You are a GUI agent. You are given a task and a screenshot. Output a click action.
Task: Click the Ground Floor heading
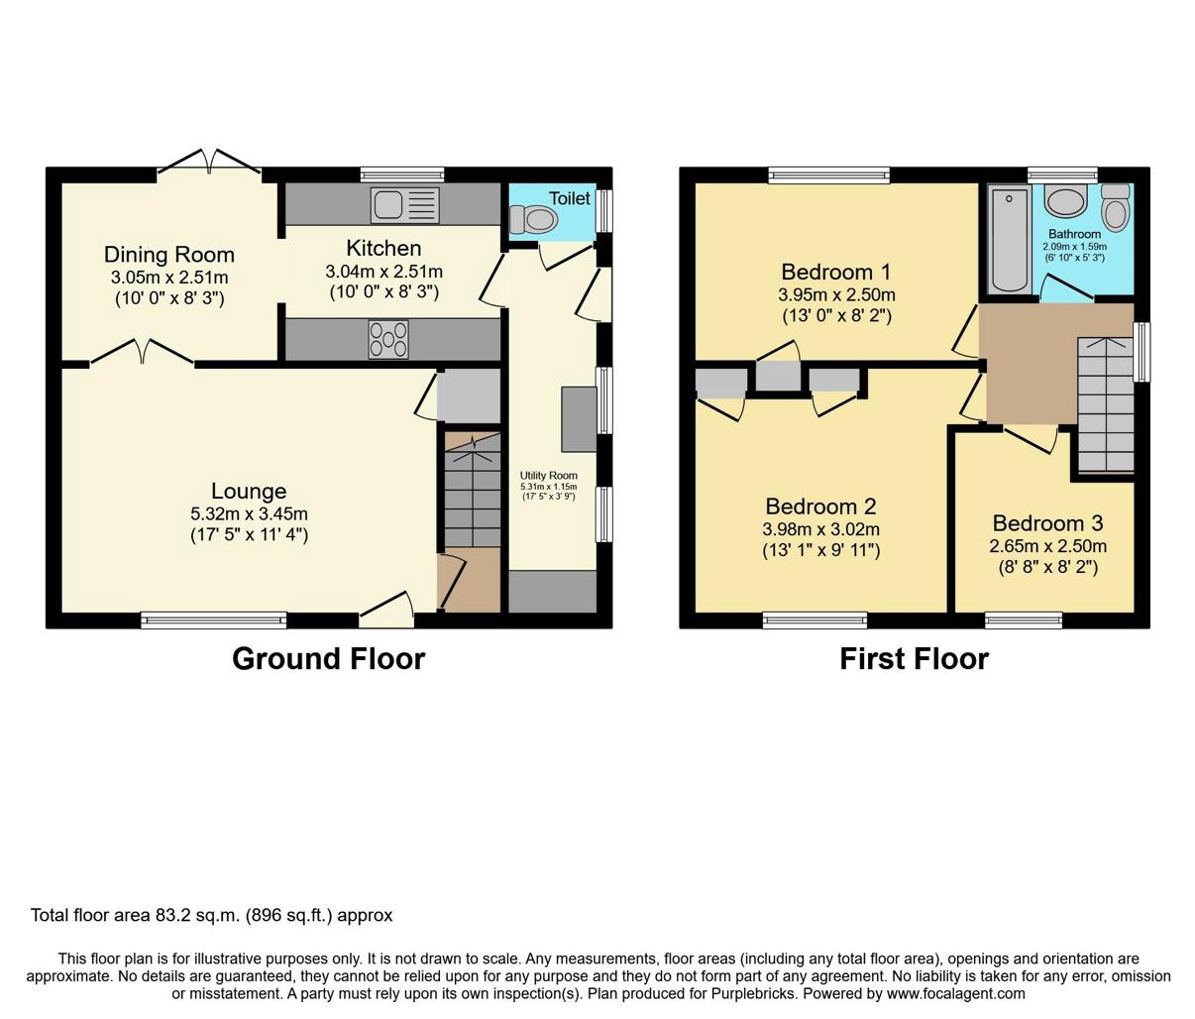(x=328, y=659)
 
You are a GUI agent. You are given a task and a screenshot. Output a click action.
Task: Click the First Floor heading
(x=914, y=659)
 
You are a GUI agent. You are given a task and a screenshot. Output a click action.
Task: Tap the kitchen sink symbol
(x=404, y=205)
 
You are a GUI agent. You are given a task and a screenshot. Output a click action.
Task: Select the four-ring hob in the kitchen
(x=387, y=339)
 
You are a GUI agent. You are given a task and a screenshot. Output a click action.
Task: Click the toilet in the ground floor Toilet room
(x=533, y=217)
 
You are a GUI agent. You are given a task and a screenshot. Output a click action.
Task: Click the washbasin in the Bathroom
(x=1066, y=203)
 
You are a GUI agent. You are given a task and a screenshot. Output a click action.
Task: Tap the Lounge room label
(x=249, y=492)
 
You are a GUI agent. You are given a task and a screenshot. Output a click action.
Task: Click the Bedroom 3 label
(x=1047, y=523)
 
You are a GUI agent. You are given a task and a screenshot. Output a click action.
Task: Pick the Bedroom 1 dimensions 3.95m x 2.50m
(x=837, y=295)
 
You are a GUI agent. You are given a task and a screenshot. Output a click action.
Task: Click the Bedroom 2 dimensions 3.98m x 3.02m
(x=820, y=529)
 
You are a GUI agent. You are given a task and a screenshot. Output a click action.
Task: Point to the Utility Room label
(x=549, y=476)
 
